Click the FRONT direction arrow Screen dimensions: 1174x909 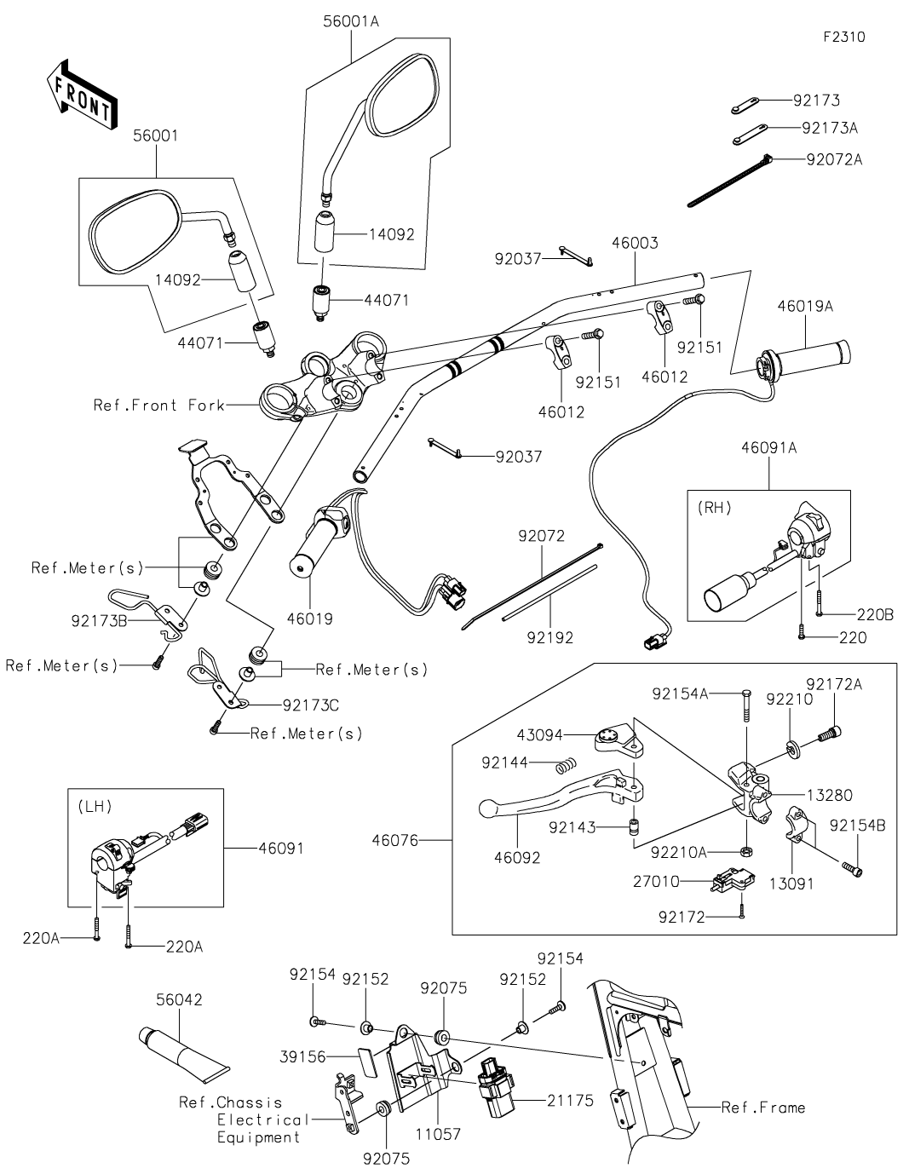tap(79, 94)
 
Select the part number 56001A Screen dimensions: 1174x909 tap(351, 23)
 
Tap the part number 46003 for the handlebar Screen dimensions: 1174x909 tap(635, 244)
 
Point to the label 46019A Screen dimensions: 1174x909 tap(804, 304)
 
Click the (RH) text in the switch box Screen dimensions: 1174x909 tap(715, 508)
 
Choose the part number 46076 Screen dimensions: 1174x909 tap(395, 840)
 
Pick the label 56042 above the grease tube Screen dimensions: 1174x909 tap(179, 999)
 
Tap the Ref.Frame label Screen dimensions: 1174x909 tap(762, 1108)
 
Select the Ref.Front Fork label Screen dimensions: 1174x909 tap(158, 405)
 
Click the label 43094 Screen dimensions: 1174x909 tap(542, 734)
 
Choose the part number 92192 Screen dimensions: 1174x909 tap(549, 636)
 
